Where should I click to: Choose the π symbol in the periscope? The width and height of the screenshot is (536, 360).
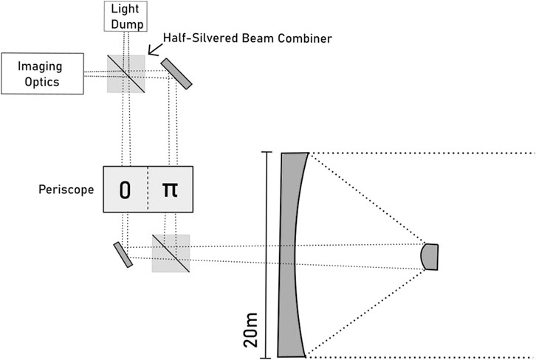click(x=170, y=190)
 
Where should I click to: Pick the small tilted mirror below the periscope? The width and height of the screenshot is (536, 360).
click(x=123, y=254)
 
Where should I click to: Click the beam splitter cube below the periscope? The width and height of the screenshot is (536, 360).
click(x=171, y=253)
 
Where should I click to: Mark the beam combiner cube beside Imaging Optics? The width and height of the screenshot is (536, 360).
click(x=126, y=72)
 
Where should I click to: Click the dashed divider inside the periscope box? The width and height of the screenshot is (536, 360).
click(x=148, y=190)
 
